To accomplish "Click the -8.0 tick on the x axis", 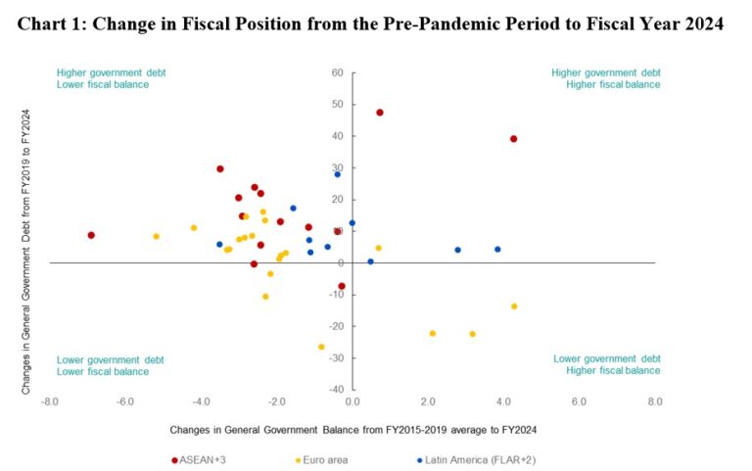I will pos(49,401).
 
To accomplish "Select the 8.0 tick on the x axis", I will pos(654,401).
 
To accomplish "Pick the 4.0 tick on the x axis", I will pos(503,401).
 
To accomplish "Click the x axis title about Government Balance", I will pos(352,429).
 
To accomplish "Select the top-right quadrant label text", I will pos(605,78).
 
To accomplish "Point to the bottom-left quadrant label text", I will pos(103,365).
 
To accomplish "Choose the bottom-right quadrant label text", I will pos(607,365).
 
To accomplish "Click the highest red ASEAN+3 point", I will pos(380,113).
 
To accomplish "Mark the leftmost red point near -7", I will pos(91,235).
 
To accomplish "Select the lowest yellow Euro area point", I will pos(321,347).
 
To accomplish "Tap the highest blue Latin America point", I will pos(338,174).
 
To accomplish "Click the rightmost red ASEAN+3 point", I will pos(513,139).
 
